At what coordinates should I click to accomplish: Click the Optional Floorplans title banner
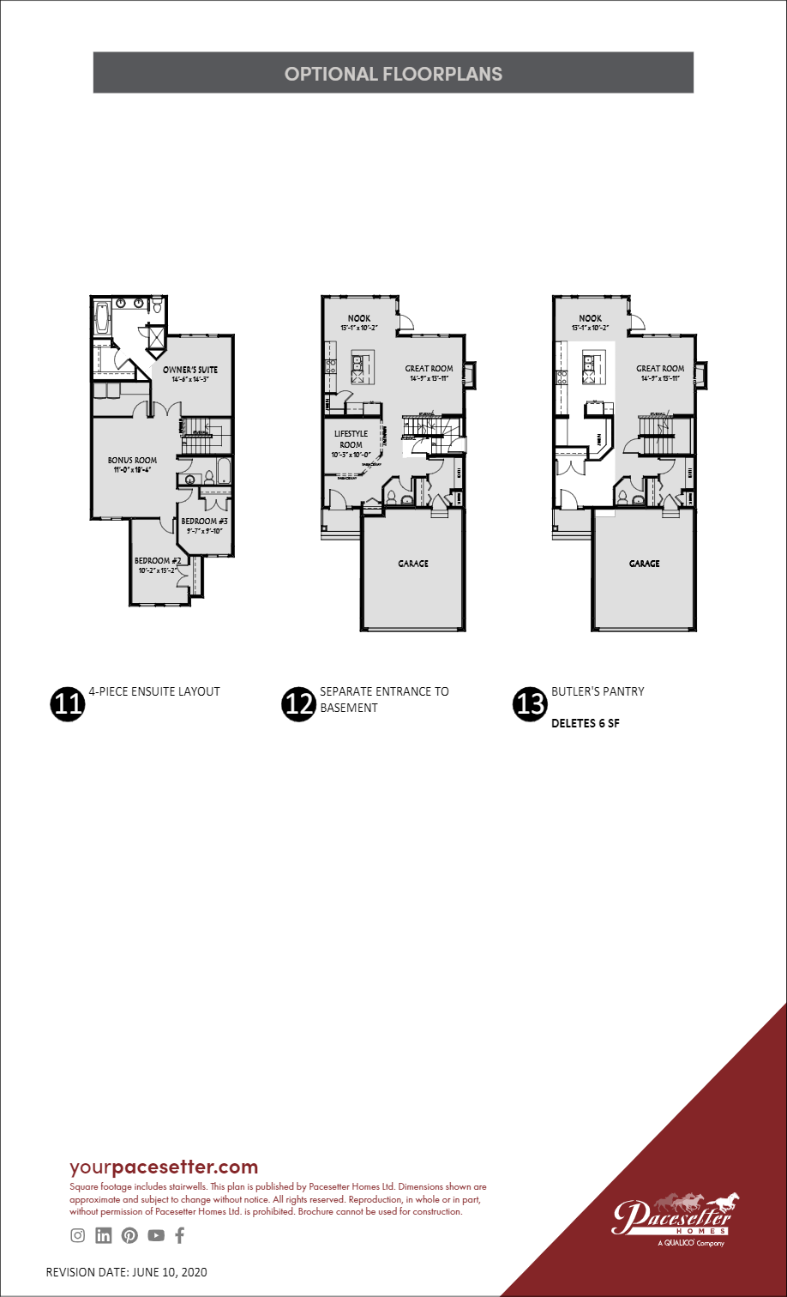pos(393,73)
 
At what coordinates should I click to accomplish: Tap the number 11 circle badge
pos(68,703)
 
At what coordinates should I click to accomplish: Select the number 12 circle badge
pos(297,703)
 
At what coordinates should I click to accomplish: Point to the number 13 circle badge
pos(529,703)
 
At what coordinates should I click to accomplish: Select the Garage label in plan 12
pos(413,564)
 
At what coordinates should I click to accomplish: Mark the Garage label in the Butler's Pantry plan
pos(644,564)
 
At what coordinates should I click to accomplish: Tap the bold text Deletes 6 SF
pos(585,723)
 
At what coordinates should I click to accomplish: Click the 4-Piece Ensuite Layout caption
pos(154,691)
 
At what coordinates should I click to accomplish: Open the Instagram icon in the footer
pos(78,1235)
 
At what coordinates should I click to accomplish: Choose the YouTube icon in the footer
pos(155,1235)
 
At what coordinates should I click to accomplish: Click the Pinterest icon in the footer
pos(129,1235)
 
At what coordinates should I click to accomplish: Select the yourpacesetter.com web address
pos(164,1167)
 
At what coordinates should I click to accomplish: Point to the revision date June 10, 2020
pos(126,1271)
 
